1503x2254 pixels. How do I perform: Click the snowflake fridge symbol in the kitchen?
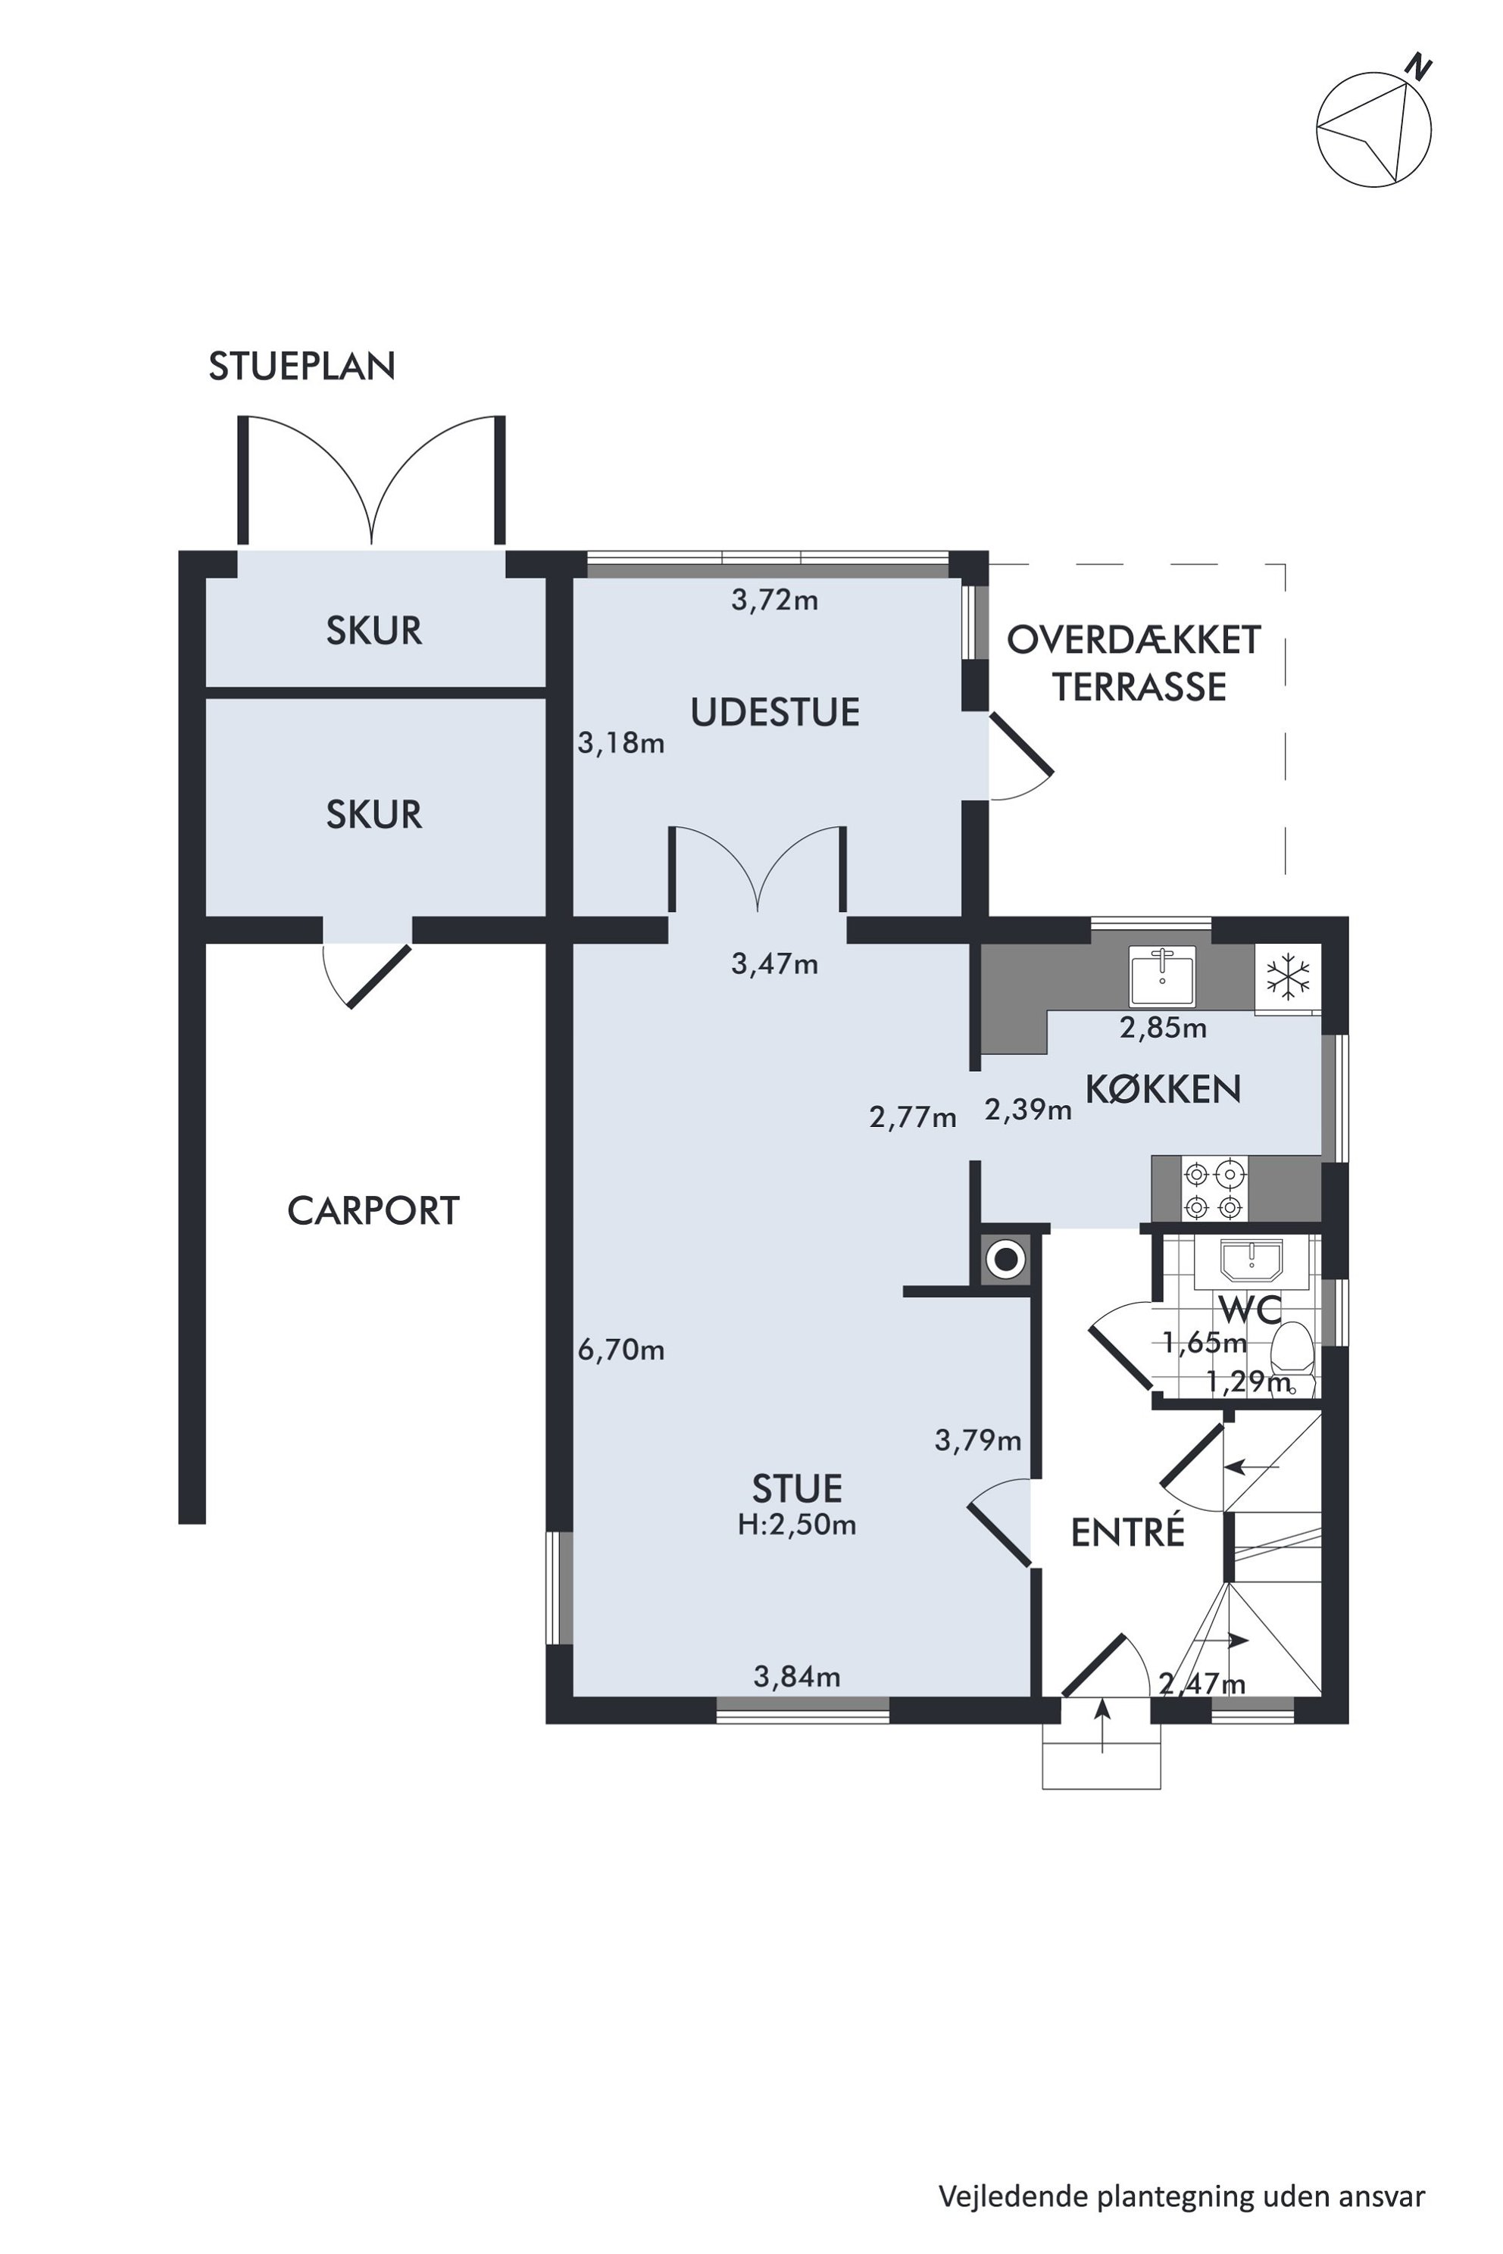coord(1289,978)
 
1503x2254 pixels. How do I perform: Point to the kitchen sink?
coord(1162,975)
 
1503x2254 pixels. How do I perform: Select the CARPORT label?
coord(373,1211)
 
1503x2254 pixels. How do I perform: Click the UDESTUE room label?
coord(774,713)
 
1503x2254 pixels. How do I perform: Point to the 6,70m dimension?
coord(621,1350)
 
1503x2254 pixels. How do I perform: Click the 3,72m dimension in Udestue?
coord(774,601)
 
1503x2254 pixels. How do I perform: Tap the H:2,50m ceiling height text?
coord(796,1525)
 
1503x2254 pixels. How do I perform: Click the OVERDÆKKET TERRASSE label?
coord(1135,663)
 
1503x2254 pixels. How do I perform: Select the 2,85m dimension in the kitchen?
coord(1163,1029)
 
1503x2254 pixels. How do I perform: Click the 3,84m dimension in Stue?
coord(796,1677)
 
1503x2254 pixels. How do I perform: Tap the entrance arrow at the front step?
coord(1102,1726)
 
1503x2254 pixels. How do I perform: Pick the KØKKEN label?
coord(1163,1090)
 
